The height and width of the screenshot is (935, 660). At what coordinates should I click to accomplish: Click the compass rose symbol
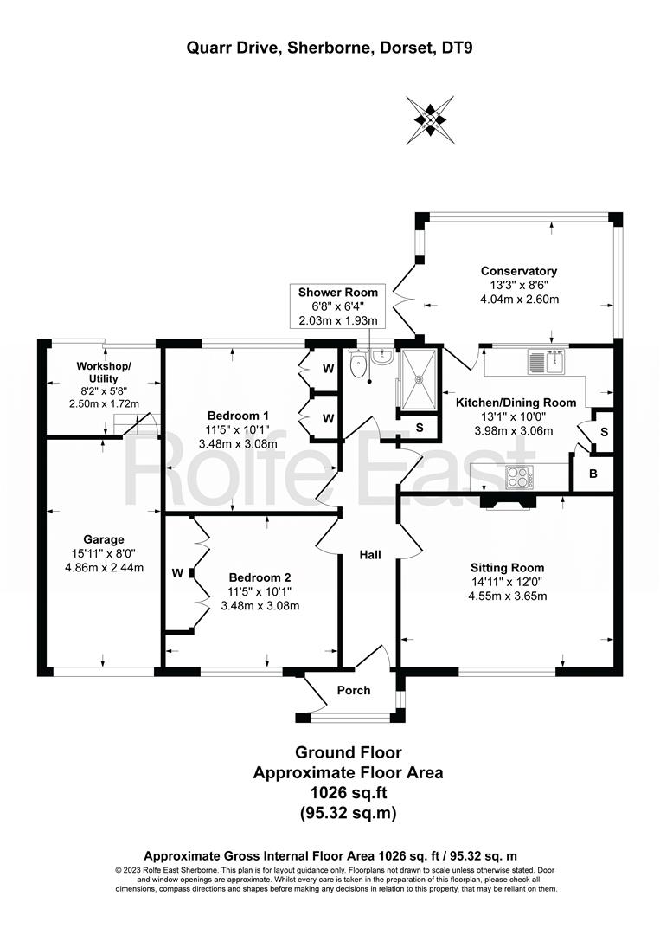[x=430, y=119]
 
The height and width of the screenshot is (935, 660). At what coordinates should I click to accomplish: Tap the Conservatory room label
[x=519, y=271]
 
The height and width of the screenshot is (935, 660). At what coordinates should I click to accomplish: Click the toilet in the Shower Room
[x=358, y=364]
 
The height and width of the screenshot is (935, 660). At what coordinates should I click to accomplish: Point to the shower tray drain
[x=420, y=377]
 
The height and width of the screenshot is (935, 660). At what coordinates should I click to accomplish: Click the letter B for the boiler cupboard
[x=593, y=474]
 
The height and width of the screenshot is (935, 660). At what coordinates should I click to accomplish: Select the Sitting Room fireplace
[x=506, y=503]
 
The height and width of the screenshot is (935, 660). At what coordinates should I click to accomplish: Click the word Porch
[x=354, y=690]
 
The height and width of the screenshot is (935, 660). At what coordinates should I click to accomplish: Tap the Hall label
[x=370, y=555]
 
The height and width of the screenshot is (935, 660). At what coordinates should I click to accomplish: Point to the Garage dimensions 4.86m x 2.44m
[x=105, y=568]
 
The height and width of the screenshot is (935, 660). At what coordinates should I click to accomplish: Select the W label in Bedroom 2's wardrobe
[x=177, y=574]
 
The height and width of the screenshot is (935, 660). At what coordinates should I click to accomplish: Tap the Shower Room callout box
[x=337, y=306]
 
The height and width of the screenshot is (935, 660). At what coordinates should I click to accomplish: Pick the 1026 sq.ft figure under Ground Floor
[x=349, y=792]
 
